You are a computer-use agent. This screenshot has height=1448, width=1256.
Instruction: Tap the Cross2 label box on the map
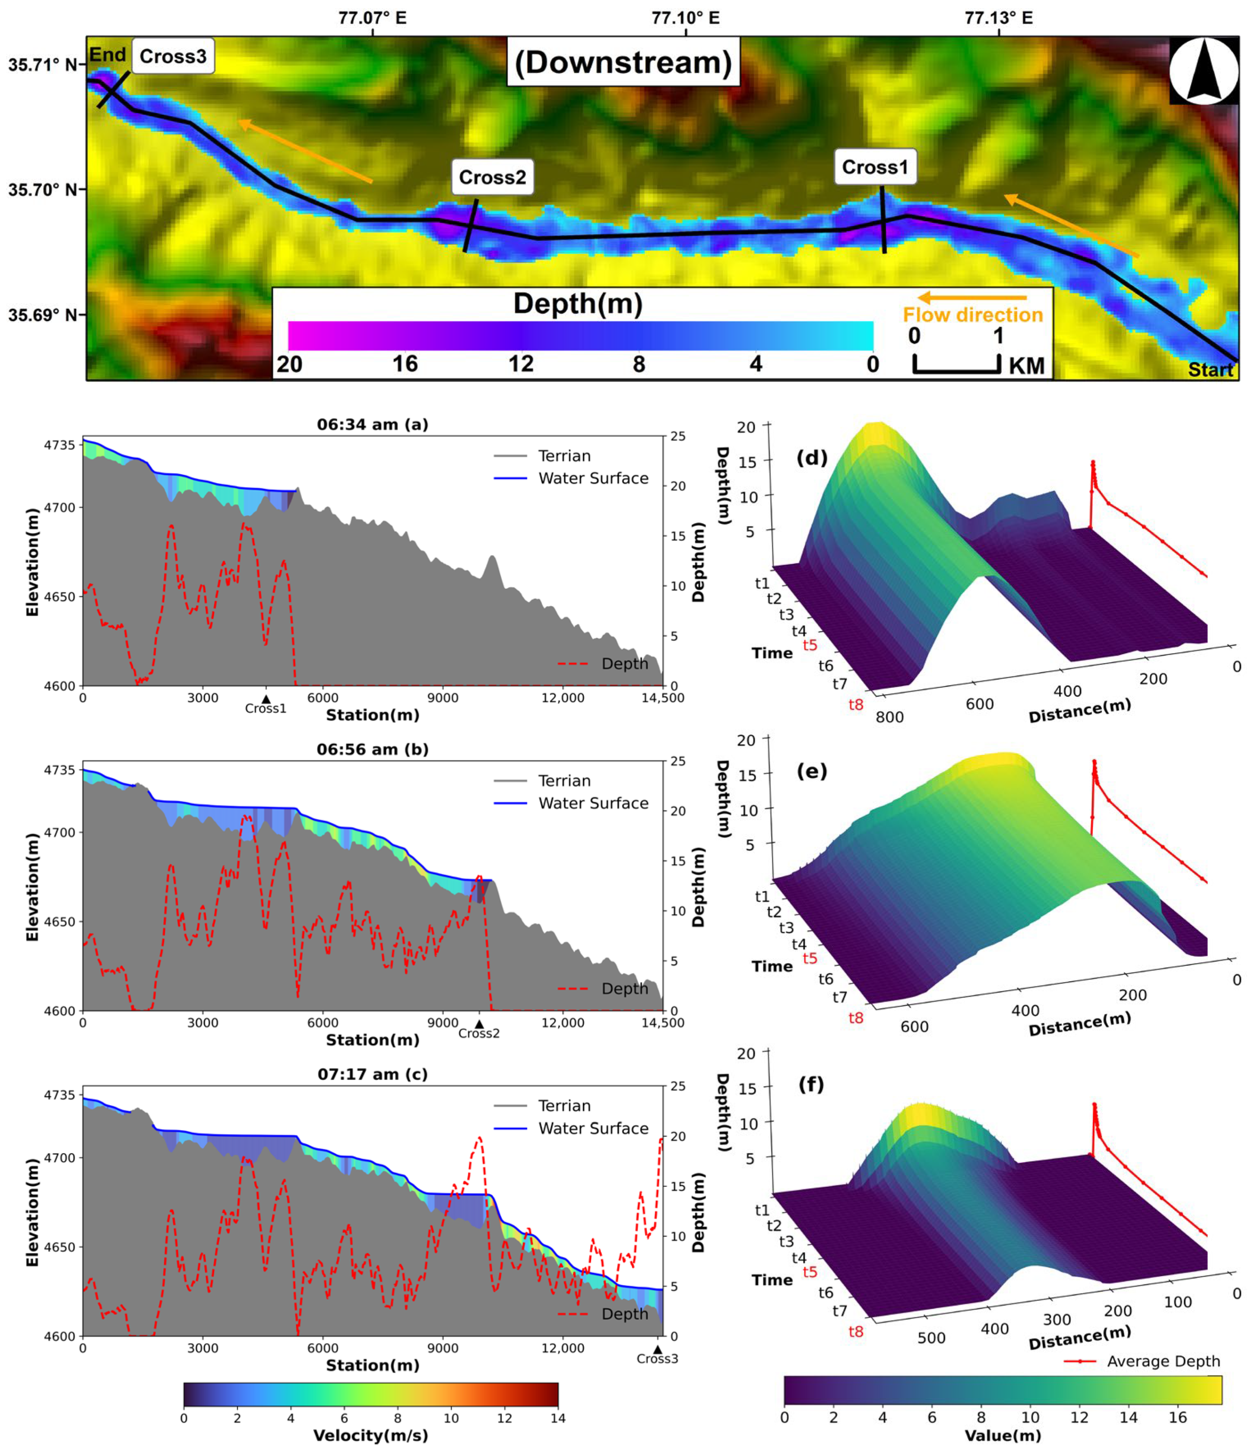pos(492,177)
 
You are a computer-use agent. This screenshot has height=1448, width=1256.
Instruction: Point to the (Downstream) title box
pos(623,62)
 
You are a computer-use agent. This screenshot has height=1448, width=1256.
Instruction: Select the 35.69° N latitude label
pos(42,315)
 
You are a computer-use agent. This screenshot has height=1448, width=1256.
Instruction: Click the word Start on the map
pos(1210,370)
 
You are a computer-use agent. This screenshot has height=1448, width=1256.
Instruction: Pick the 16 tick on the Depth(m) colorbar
pos(405,364)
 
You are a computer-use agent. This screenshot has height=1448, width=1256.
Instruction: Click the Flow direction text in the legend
pos(972,315)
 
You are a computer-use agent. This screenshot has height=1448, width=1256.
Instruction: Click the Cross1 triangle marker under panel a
pos(266,699)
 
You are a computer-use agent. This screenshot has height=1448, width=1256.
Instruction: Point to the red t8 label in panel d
pos(856,705)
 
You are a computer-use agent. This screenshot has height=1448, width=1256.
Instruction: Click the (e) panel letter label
pos(812,771)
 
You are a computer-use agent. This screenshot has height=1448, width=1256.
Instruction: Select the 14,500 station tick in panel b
pos(662,1023)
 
